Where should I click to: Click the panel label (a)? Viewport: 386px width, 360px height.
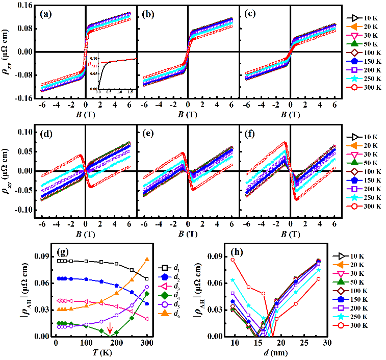click(x=47, y=14)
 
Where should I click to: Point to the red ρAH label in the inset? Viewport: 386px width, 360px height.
click(x=92, y=64)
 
